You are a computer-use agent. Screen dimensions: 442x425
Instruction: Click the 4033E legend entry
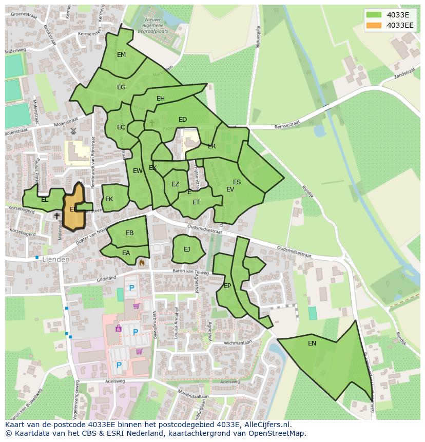pos(397,15)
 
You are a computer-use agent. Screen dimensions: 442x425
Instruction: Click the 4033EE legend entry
pos(400,25)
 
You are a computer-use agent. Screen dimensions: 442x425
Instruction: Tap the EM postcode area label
pos(121,55)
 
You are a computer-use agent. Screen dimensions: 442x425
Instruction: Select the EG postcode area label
pos(121,87)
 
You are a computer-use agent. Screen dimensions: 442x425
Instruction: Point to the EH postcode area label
pos(161,99)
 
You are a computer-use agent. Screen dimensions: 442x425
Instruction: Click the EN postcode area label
pos(312,343)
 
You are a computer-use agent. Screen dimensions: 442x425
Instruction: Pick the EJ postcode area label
pos(187,249)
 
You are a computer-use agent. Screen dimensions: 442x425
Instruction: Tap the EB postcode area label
pos(130,233)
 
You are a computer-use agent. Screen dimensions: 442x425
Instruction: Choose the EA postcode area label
pos(126,253)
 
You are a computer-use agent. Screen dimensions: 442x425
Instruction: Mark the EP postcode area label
pos(227,286)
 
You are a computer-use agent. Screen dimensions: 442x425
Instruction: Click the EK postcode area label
pos(109,199)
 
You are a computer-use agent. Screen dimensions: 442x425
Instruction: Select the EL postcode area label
pos(45,200)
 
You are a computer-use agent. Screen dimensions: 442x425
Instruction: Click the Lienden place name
pos(56,260)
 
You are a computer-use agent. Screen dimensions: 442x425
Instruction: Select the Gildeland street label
pos(107,279)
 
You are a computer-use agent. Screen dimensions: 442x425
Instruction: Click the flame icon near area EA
pos(142,262)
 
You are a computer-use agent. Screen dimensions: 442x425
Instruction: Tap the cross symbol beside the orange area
pos(56,216)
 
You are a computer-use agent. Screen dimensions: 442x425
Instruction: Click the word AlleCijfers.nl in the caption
pos(266,425)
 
